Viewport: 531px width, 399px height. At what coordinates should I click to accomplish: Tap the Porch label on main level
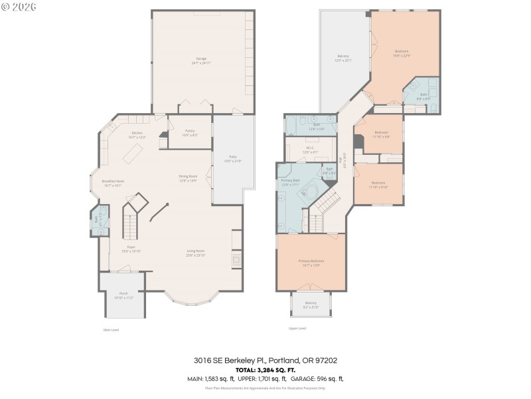coord(123,295)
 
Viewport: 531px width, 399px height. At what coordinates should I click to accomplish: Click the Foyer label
coord(123,249)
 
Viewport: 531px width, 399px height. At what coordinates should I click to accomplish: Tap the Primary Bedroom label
coord(311,263)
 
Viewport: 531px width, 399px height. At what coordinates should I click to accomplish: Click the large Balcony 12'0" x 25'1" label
coord(343,58)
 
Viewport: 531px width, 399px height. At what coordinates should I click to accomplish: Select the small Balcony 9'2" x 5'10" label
coord(311,305)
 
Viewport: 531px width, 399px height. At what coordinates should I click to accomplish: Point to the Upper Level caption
coord(297,328)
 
